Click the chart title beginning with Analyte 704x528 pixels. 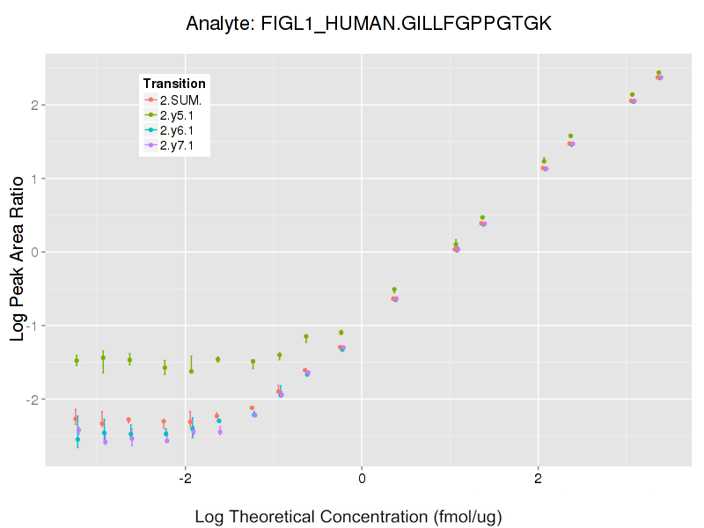pyautogui.click(x=369, y=24)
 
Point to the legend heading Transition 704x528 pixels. pyautogui.click(x=174, y=84)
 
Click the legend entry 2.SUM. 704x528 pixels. pyautogui.click(x=180, y=99)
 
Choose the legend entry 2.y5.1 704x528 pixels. pyautogui.click(x=182, y=115)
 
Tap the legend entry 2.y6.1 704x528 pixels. pyautogui.click(x=182, y=130)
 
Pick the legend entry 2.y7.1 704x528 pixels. pyautogui.click(x=182, y=145)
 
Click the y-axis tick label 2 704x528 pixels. pyautogui.click(x=34, y=105)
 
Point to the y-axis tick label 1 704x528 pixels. pyautogui.click(x=34, y=179)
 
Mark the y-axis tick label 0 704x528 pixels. pyautogui.click(x=34, y=252)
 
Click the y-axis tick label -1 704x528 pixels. pyautogui.click(x=33, y=326)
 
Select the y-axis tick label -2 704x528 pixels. pyautogui.click(x=33, y=400)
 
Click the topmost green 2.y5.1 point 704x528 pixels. pyautogui.click(x=658, y=73)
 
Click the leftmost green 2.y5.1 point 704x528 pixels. pyautogui.click(x=77, y=361)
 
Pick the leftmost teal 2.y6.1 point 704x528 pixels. pyautogui.click(x=77, y=439)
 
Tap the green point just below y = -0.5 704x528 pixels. pyautogui.click(x=394, y=290)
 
